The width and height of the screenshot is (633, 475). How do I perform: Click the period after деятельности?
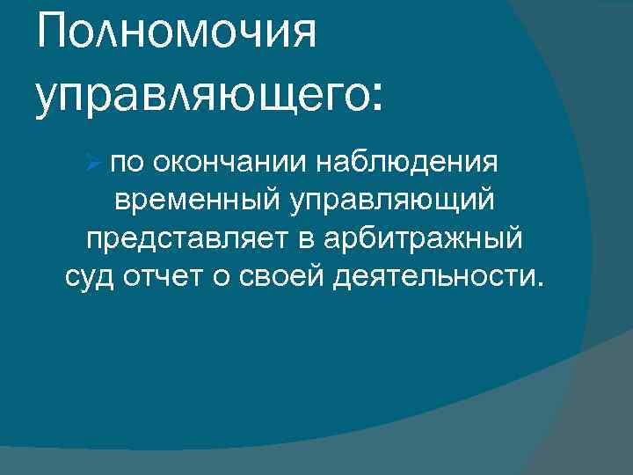[x=539, y=286]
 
